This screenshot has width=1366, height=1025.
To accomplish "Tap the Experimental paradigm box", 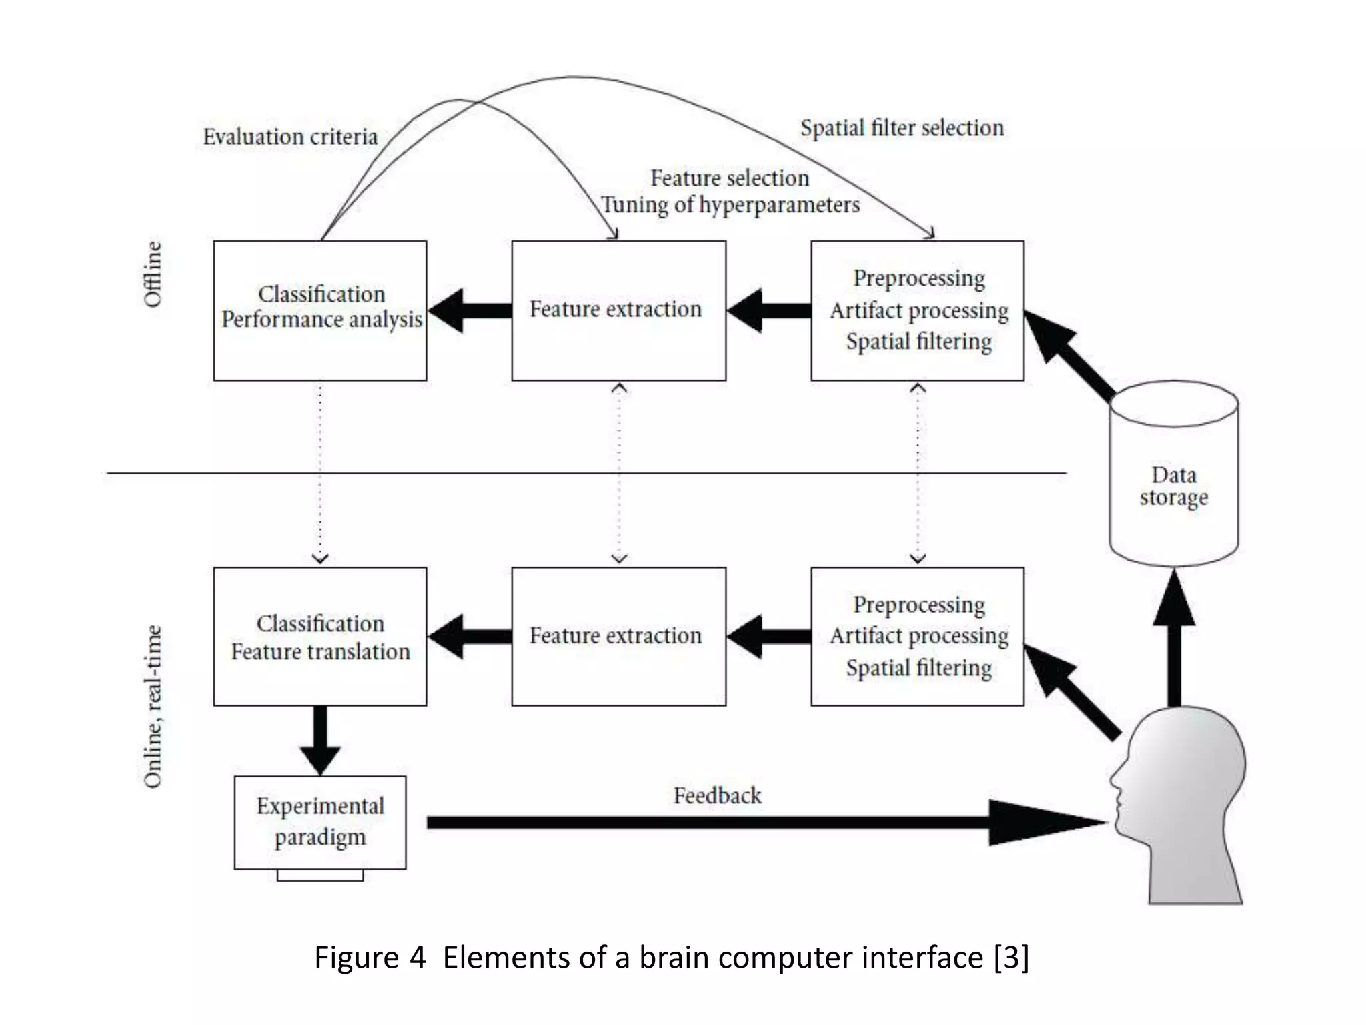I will (320, 821).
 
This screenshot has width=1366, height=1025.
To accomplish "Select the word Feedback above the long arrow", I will (717, 795).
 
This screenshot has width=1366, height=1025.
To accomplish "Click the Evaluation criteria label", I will (290, 137).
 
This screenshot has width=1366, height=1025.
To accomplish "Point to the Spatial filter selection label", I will (902, 128).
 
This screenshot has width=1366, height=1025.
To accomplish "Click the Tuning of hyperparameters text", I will (730, 204).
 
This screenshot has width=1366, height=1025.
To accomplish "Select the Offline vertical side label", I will (153, 274).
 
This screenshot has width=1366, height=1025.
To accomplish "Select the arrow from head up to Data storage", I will (1174, 641).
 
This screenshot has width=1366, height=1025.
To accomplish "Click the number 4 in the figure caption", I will (418, 958).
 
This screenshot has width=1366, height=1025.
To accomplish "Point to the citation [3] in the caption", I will (1011, 958).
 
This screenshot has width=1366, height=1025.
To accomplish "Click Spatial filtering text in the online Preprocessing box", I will (918, 668).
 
